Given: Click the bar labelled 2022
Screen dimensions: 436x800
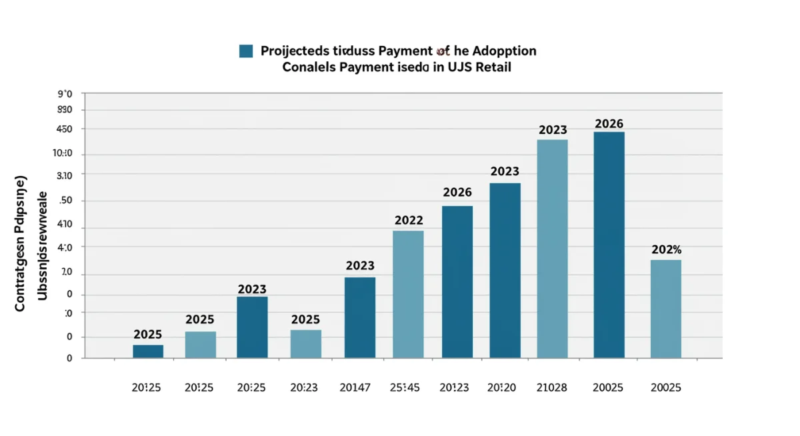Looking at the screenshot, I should [x=408, y=294].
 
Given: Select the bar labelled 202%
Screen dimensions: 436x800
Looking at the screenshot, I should [x=665, y=309].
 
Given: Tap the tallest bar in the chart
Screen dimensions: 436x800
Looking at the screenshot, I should [x=609, y=245].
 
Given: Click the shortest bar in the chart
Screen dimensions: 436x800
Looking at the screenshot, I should [x=148, y=351].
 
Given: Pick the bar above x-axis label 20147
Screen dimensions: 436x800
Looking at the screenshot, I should [x=360, y=317].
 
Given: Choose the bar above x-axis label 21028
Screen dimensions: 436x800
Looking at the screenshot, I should [x=552, y=248].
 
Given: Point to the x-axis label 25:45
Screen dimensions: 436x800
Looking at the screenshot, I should [x=405, y=387].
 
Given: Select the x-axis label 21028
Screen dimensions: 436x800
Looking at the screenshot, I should [x=552, y=387].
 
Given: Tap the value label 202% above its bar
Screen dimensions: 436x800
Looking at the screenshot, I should [x=666, y=250].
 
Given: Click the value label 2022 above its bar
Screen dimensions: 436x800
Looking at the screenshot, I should [x=409, y=220].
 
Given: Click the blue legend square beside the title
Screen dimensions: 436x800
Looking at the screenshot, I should [x=246, y=51].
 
